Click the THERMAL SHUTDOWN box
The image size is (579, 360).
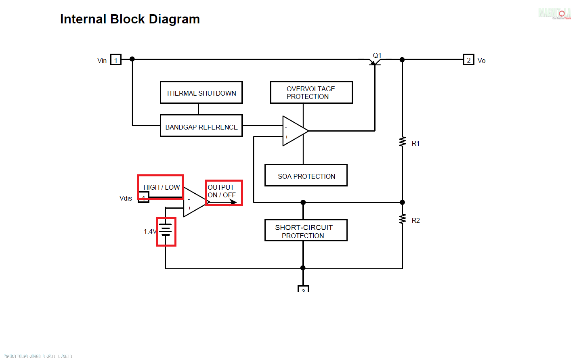tap(201, 92)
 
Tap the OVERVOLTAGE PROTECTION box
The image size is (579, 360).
tap(311, 92)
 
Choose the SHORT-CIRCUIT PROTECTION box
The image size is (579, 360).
tap(306, 230)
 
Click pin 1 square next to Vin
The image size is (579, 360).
tap(116, 60)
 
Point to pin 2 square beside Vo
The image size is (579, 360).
tap(468, 60)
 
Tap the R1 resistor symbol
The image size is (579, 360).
tap(402, 142)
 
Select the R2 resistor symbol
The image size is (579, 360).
tap(402, 219)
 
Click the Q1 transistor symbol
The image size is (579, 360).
tap(375, 61)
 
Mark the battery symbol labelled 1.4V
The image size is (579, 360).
tap(166, 231)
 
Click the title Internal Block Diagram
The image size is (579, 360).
tap(130, 19)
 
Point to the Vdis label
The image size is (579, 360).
tap(126, 198)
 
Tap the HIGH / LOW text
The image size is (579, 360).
tap(162, 187)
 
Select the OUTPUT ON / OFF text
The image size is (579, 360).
tap(222, 191)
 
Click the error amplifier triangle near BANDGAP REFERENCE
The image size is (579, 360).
tap(294, 131)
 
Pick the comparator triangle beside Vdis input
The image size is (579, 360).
tap(194, 202)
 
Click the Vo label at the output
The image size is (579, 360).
tap(481, 61)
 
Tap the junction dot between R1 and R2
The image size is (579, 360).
tap(402, 202)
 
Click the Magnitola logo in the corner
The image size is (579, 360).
tap(554, 13)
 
